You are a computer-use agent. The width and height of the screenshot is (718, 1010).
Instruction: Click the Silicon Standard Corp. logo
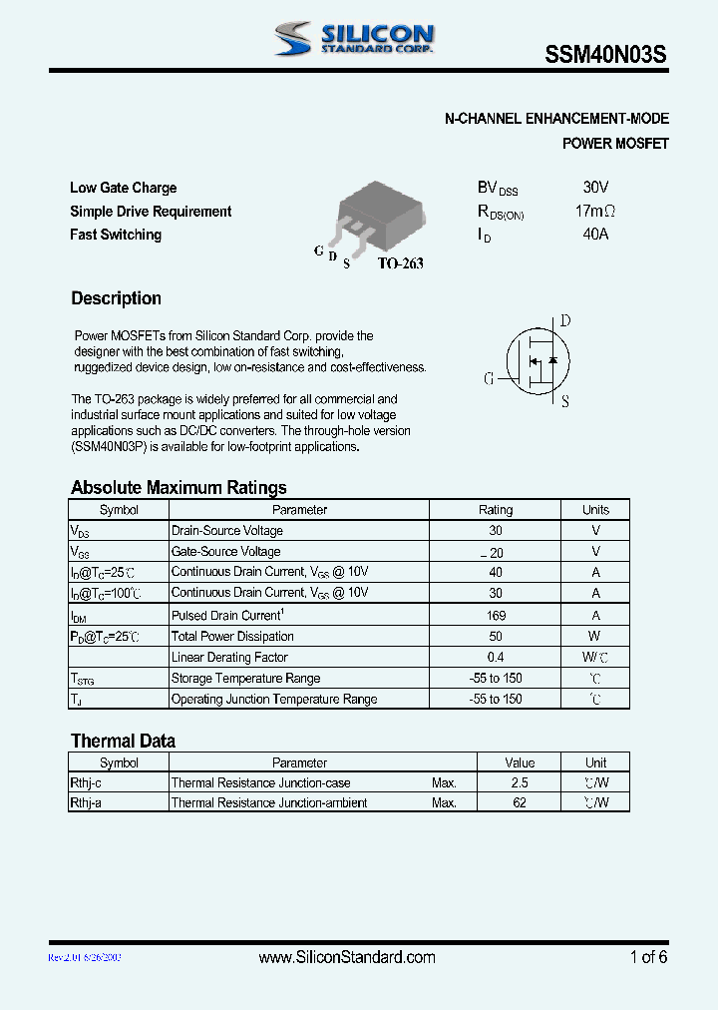(x=354, y=39)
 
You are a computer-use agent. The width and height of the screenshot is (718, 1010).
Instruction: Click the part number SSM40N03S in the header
(x=604, y=57)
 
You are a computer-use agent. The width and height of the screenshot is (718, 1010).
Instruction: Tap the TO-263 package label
(x=400, y=263)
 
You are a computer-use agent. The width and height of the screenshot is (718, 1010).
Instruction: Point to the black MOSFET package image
(x=380, y=216)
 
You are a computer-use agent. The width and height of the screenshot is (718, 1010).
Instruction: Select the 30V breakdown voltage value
(x=595, y=188)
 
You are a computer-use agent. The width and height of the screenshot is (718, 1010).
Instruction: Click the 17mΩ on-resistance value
(x=595, y=212)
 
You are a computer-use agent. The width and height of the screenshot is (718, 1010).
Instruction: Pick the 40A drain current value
(x=595, y=235)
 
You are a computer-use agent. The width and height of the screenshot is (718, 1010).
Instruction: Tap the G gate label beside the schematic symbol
(x=490, y=379)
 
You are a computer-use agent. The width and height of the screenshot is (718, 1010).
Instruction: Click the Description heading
(x=116, y=298)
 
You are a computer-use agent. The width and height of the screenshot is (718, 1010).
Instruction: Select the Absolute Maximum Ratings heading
(x=179, y=487)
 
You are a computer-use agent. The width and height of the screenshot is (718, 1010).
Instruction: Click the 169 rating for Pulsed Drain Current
(x=496, y=616)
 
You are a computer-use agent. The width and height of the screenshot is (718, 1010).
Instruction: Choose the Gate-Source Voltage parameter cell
(x=226, y=552)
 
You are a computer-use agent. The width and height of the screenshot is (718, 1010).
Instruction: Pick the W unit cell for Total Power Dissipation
(x=594, y=637)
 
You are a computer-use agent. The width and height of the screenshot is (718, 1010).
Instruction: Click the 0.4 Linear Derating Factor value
(x=496, y=658)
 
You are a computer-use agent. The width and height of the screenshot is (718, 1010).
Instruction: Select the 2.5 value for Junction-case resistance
(x=520, y=783)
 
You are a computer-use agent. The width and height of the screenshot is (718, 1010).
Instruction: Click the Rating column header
(x=496, y=510)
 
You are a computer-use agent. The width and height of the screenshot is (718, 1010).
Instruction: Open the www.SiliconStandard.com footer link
(x=347, y=957)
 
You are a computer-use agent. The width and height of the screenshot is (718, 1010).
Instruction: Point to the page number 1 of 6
(x=648, y=957)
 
